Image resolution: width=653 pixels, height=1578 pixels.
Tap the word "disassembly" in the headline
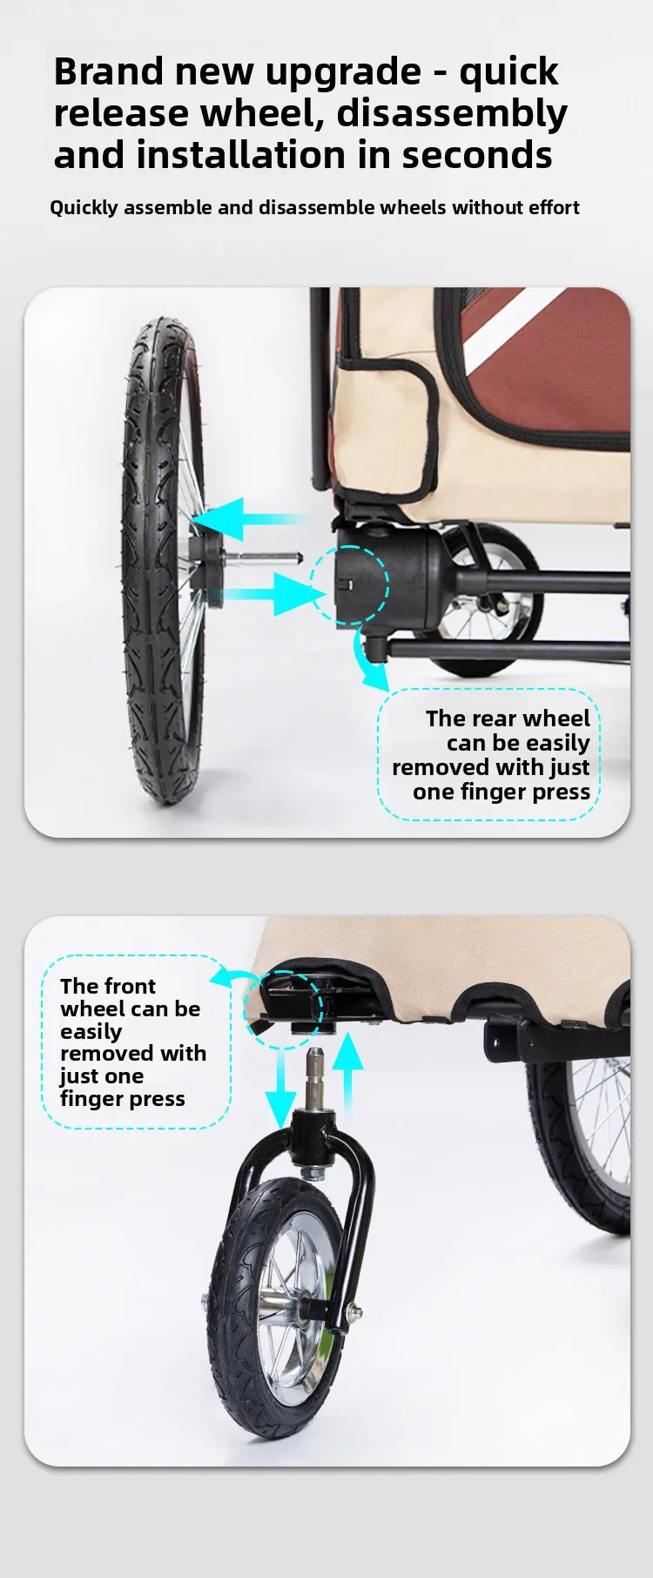(x=452, y=114)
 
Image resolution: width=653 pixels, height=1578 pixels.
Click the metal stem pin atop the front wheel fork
(x=314, y=1079)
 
